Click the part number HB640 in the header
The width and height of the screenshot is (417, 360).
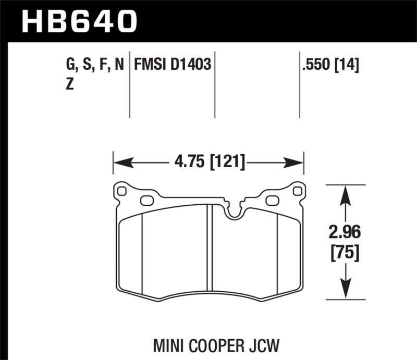pos(79,21)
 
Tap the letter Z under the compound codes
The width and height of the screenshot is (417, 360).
pos(69,85)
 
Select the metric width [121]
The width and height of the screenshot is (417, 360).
pos(227,163)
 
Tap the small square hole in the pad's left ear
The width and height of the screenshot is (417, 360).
pos(122,191)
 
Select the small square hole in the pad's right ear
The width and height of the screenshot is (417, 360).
pos(297,191)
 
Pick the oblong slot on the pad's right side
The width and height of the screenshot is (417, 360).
pos(272,200)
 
